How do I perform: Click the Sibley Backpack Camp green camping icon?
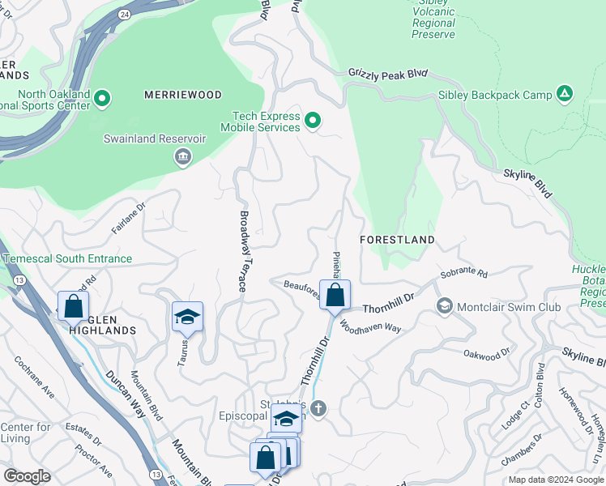[565, 95]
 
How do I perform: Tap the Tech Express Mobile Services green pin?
[313, 122]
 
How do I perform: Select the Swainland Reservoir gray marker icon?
[183, 156]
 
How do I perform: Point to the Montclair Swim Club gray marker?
[444, 306]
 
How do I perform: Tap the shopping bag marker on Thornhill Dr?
[334, 296]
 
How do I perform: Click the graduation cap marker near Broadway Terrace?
[187, 317]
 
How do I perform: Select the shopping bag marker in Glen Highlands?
[73, 307]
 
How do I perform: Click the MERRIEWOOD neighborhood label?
[182, 95]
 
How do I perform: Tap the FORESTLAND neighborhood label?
[397, 240]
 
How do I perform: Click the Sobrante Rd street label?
[464, 275]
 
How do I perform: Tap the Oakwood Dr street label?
[487, 353]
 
